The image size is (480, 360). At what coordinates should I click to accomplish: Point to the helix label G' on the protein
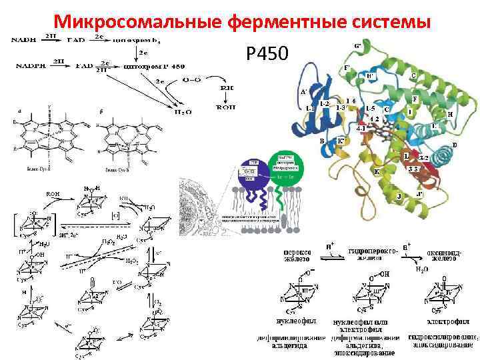tap(359, 46)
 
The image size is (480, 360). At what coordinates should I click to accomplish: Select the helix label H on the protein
tap(451, 114)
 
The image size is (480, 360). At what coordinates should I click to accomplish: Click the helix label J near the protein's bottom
tap(399, 196)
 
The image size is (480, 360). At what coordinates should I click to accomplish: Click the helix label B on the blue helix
tap(322, 141)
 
